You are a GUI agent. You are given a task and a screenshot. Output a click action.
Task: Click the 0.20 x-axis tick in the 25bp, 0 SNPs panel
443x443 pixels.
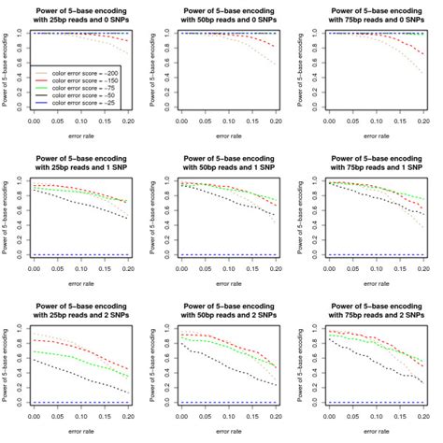[128, 121]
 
